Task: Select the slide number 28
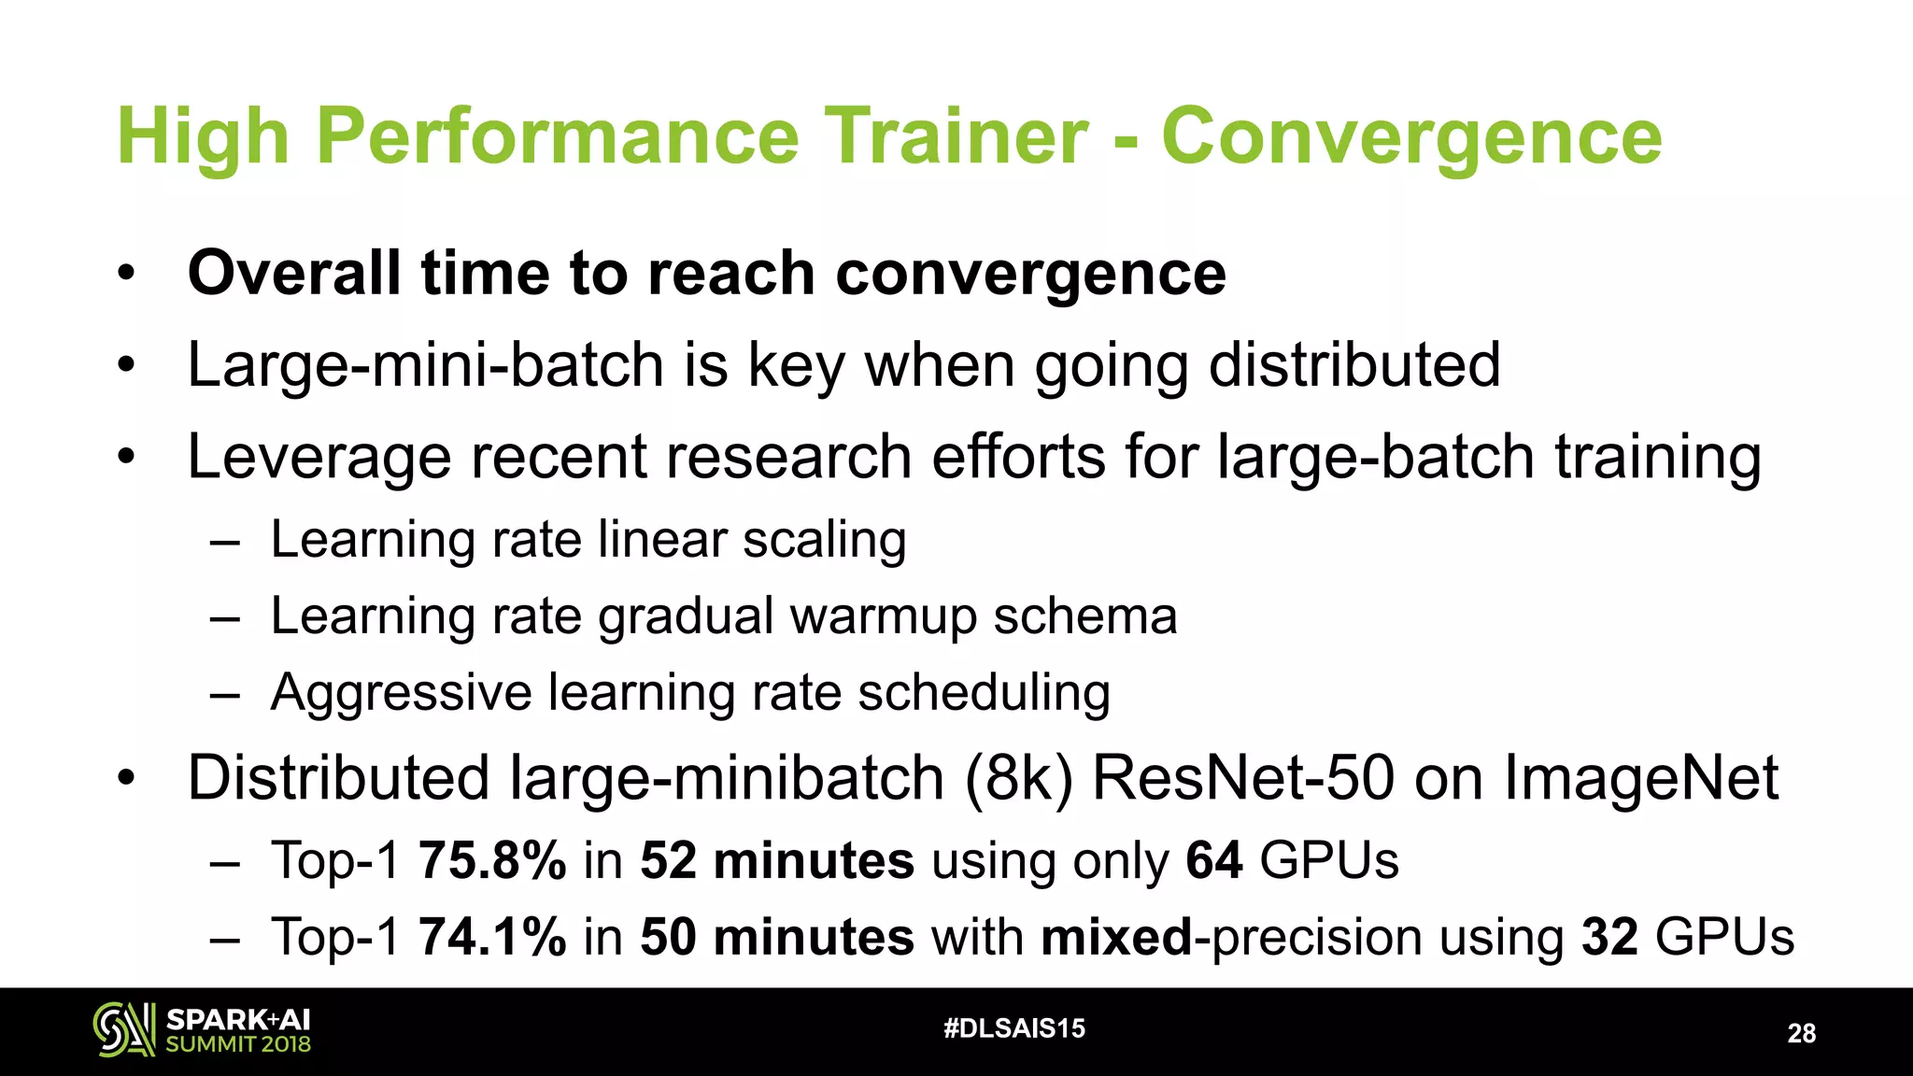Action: click(1801, 1033)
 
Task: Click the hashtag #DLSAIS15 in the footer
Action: click(1014, 1028)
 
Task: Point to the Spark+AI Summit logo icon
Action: click(123, 1029)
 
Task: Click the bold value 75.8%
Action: click(492, 860)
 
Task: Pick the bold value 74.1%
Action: click(492, 937)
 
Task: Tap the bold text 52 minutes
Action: click(776, 860)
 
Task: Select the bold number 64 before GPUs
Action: click(1213, 860)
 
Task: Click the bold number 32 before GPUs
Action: click(1608, 937)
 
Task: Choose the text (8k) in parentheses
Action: click(1018, 778)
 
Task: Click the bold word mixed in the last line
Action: click(1116, 937)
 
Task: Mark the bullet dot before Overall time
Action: click(126, 275)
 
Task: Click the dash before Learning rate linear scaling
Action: click(225, 542)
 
